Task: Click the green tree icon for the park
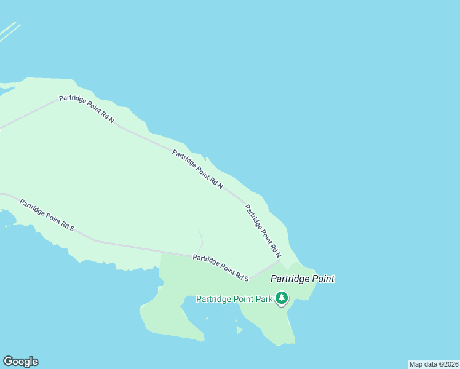282,298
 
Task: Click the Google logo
20,362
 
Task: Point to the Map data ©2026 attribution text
434,363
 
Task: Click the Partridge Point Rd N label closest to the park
263,231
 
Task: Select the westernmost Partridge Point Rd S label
47,215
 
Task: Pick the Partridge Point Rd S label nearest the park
220,268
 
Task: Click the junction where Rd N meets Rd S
280,260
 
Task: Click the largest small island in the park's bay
239,330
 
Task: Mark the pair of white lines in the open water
10,32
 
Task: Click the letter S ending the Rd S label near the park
246,279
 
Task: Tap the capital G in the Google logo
7,362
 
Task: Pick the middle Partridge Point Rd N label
197,169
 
